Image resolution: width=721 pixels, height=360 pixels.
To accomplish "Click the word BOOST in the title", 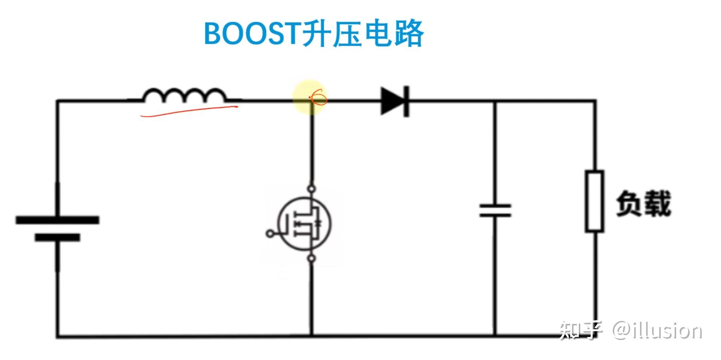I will click(x=251, y=34).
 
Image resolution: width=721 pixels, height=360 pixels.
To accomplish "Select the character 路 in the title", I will click(x=409, y=34).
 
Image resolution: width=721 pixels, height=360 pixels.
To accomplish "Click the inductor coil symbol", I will click(x=184, y=95).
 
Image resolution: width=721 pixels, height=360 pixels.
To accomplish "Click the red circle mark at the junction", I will click(x=319, y=97).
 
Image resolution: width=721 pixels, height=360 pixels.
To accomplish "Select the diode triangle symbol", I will click(x=392, y=101).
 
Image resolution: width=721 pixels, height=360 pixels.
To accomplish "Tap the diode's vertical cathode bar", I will click(x=407, y=101).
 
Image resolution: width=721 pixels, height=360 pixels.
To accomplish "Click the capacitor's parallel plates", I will click(x=495, y=210).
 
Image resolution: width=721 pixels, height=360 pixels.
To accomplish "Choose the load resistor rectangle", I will click(x=594, y=201).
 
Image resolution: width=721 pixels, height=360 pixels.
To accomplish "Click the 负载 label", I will click(x=643, y=203).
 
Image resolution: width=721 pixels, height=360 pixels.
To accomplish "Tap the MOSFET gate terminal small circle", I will click(x=270, y=233).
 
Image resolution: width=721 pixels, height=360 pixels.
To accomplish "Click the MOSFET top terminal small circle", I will click(x=311, y=189).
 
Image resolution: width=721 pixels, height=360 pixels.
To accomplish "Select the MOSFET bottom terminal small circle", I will click(x=312, y=258).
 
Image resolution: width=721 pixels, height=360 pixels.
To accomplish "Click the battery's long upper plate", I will click(x=57, y=220).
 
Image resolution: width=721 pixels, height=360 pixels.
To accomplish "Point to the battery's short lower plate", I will click(x=57, y=237).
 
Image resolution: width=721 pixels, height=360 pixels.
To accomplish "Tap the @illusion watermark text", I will click(x=657, y=330).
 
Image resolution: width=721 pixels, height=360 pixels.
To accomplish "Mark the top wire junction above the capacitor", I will click(x=495, y=101).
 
